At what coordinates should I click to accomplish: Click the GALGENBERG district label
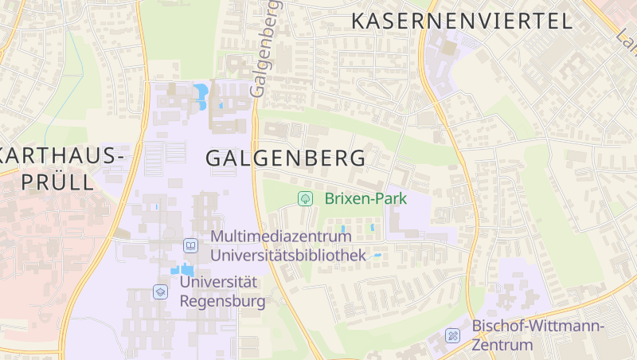pyautogui.click(x=286, y=158)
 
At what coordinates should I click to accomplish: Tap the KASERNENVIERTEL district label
pyautogui.click(x=462, y=21)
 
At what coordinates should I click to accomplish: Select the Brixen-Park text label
pyautogui.click(x=366, y=198)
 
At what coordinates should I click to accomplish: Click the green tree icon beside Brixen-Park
pyautogui.click(x=304, y=198)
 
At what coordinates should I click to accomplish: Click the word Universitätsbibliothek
pyautogui.click(x=287, y=255)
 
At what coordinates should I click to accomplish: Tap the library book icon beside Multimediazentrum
pyautogui.click(x=190, y=245)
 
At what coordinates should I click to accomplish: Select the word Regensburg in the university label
pyautogui.click(x=222, y=301)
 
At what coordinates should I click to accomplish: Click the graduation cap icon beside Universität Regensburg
pyautogui.click(x=161, y=292)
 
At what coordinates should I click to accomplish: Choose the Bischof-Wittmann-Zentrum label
pyautogui.click(x=538, y=335)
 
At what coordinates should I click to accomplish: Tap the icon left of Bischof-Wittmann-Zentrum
pyautogui.click(x=453, y=336)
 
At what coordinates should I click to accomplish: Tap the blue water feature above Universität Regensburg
pyautogui.click(x=184, y=269)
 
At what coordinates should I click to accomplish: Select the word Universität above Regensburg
pyautogui.click(x=219, y=282)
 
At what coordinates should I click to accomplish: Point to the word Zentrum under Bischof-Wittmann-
pyautogui.click(x=502, y=345)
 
